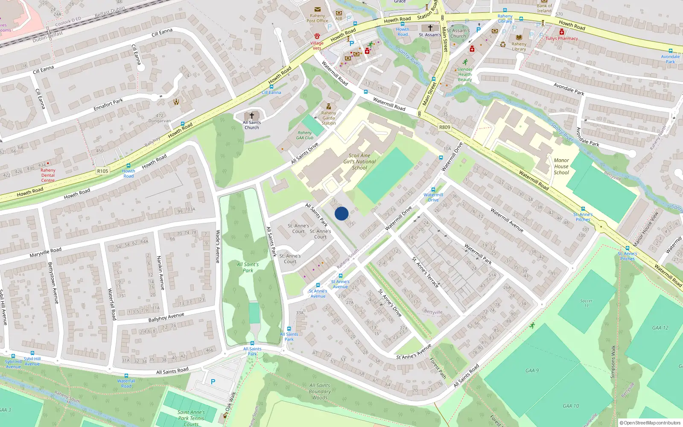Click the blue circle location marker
(x=341, y=213)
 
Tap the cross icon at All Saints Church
(x=252, y=116)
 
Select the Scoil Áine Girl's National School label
(x=359, y=162)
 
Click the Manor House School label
(x=561, y=167)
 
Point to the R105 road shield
(x=102, y=171)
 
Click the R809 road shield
(x=444, y=127)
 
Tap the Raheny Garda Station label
(x=329, y=118)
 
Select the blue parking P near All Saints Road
(x=213, y=382)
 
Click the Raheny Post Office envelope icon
(x=318, y=9)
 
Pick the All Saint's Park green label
(x=248, y=267)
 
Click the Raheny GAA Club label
(x=305, y=135)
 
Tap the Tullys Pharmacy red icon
(x=562, y=32)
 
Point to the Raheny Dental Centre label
(x=48, y=175)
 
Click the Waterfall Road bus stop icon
(x=126, y=376)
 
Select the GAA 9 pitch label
(x=532, y=371)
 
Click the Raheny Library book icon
(x=519, y=38)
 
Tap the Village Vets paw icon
(x=317, y=36)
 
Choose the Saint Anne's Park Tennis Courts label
(x=191, y=418)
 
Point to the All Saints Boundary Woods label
(x=320, y=392)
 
